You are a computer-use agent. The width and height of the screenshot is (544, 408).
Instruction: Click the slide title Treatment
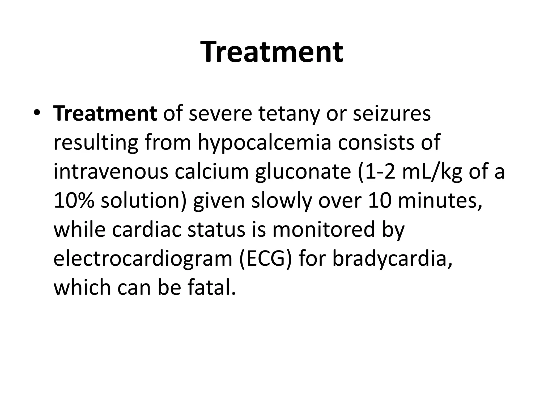[x=272, y=52]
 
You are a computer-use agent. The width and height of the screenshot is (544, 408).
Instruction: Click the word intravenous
[x=111, y=172]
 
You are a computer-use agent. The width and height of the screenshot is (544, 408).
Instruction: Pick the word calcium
[x=212, y=172]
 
